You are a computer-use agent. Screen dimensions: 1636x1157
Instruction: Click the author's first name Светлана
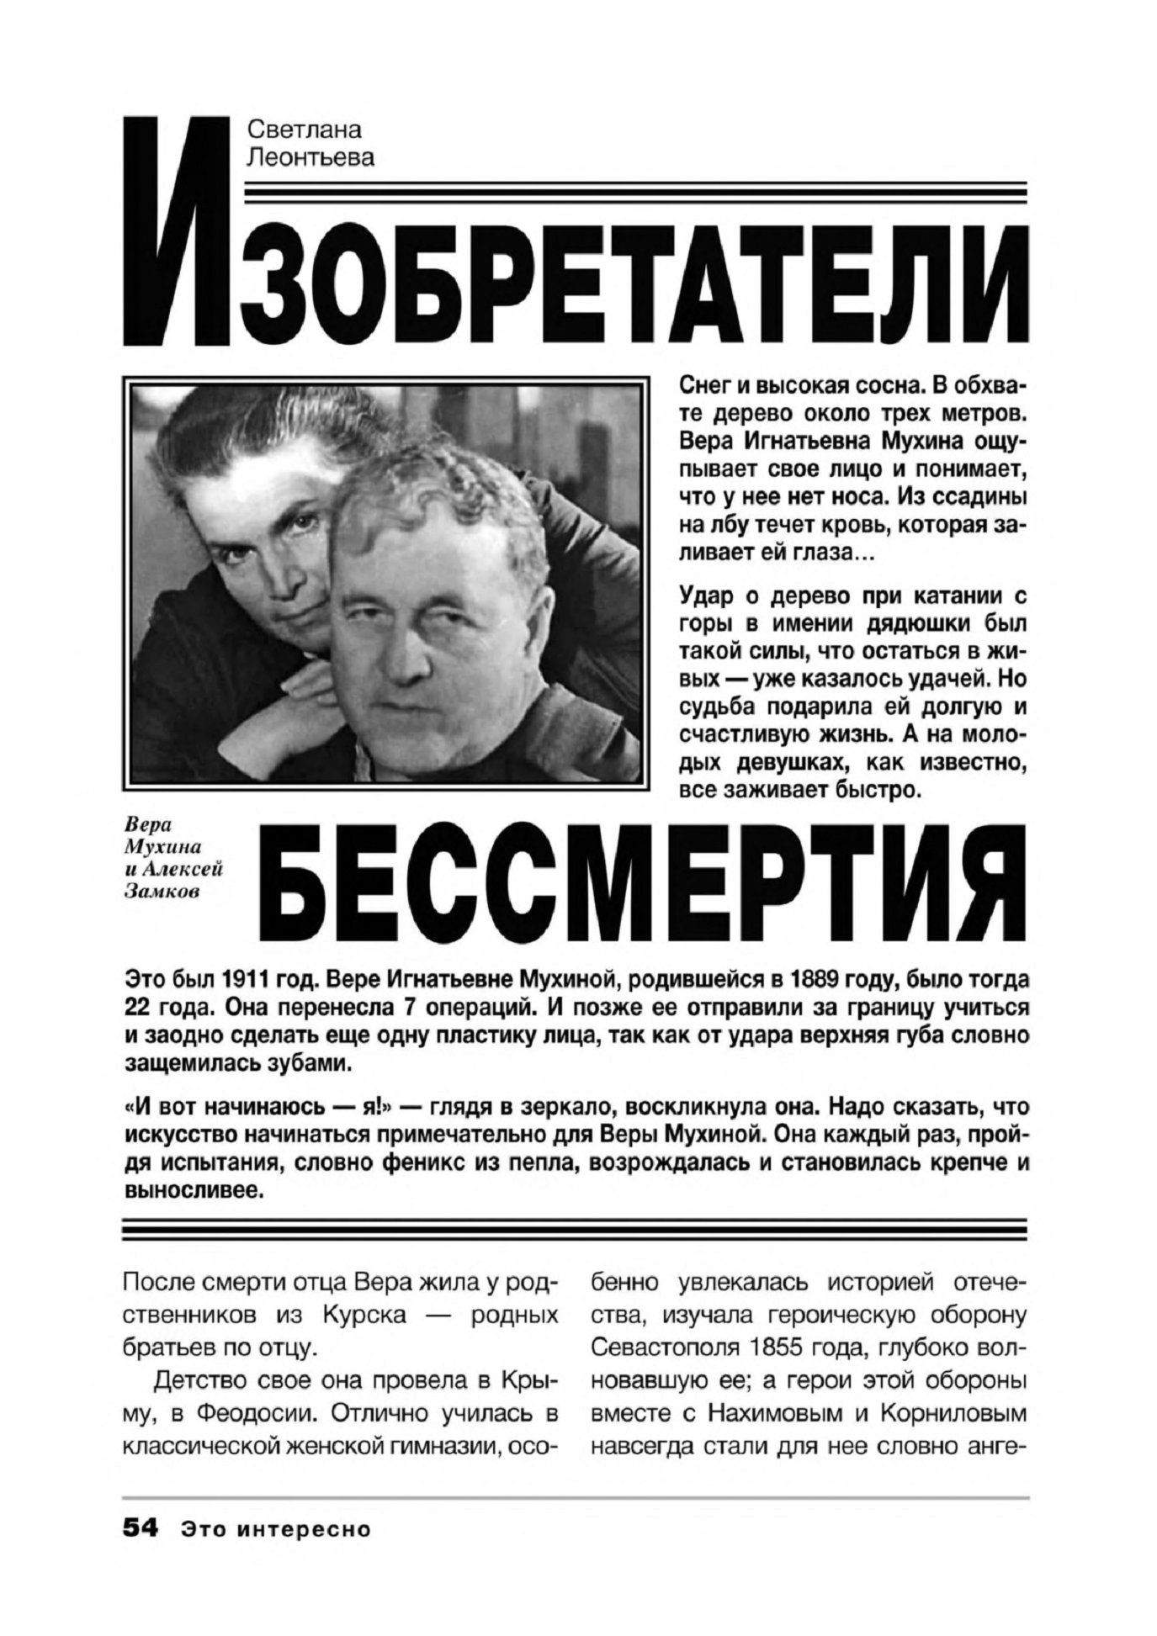pos(304,130)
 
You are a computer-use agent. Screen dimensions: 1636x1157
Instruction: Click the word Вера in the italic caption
pos(142,828)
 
